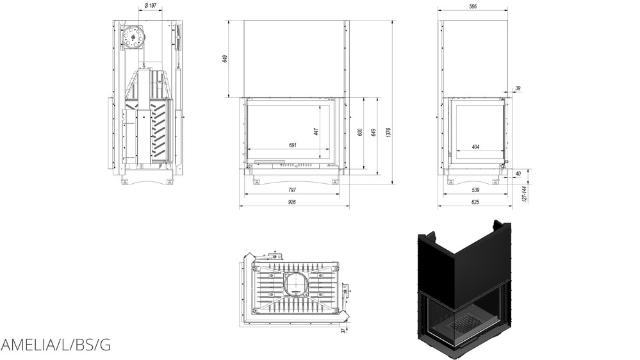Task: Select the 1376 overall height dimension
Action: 388,132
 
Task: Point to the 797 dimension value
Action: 292,189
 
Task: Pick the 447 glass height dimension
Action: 316,132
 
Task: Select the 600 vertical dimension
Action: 361,132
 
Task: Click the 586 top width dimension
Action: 473,6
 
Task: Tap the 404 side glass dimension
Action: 475,147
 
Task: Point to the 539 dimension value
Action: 475,190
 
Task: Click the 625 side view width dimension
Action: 475,202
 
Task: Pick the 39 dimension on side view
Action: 518,88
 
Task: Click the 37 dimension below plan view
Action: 343,330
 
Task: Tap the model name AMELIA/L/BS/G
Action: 56,345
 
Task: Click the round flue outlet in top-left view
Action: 133,38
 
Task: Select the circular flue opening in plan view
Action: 295,284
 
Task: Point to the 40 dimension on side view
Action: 518,172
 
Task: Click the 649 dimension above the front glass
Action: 225,59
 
